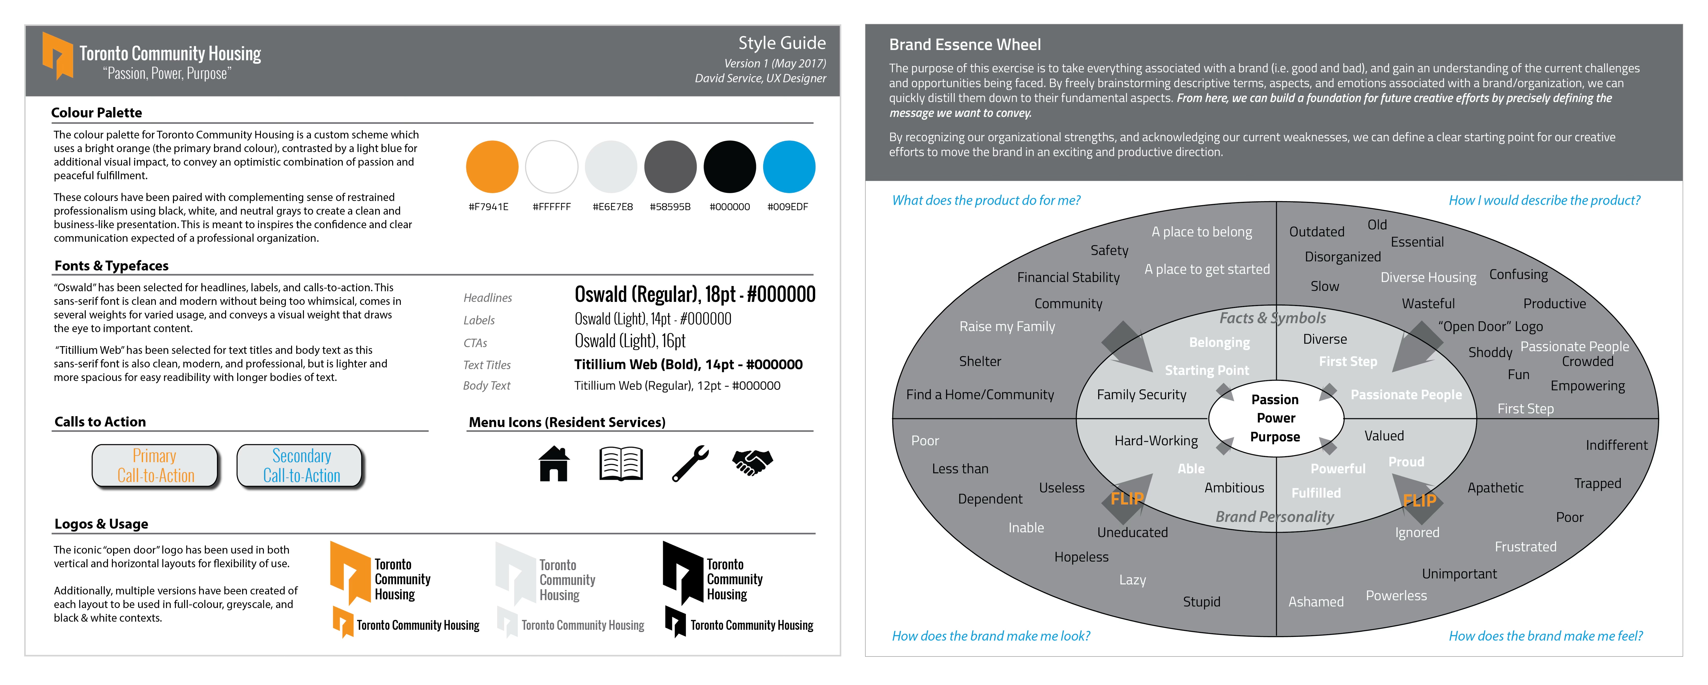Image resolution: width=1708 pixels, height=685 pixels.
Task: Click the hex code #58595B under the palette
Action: coord(670,207)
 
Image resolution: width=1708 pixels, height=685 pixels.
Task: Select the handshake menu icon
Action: coord(753,462)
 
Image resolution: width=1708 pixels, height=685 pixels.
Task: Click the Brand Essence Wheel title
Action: coord(965,44)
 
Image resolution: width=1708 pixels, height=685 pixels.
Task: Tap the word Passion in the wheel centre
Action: coord(1274,399)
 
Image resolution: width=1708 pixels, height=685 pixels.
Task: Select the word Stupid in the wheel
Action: coord(1201,601)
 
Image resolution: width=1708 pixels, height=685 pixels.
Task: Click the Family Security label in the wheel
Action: coord(1141,394)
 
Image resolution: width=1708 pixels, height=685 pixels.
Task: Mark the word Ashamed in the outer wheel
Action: coord(1315,601)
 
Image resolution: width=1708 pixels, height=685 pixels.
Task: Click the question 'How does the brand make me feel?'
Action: coord(1546,636)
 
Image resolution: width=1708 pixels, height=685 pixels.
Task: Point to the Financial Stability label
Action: coord(1068,277)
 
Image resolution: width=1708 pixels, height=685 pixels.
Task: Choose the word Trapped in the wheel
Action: coord(1597,483)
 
